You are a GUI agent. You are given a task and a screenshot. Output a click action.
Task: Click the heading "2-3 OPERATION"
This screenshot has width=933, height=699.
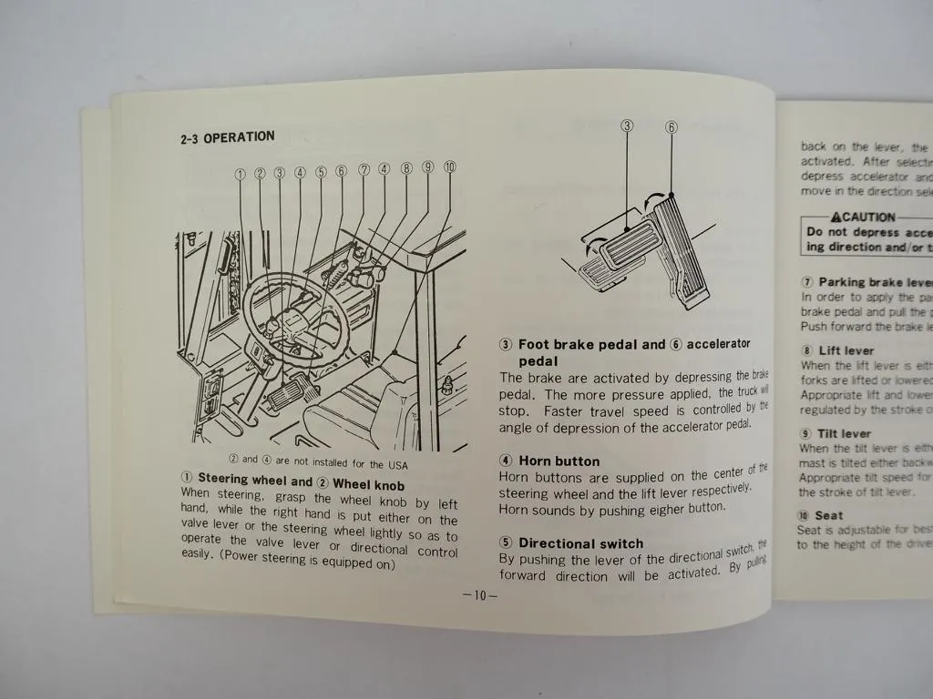coord(227,137)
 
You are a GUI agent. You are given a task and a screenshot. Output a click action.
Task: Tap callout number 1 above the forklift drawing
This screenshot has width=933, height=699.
coord(241,172)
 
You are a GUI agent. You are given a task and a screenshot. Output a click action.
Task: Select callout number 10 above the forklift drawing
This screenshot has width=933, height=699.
coord(449,167)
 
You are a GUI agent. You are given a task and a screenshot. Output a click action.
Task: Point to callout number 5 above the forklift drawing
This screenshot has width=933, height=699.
coord(321,171)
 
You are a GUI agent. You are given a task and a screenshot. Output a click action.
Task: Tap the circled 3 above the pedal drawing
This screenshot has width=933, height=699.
coord(627,126)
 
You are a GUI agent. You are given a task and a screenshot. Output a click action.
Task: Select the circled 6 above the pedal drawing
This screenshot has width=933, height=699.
coord(672,127)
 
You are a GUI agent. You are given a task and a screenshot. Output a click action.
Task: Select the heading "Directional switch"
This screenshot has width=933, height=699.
coord(580,543)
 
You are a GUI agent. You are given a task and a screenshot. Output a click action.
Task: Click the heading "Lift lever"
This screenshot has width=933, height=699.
coord(846,350)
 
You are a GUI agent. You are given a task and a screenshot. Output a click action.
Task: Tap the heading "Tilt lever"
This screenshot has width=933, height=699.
coord(844,433)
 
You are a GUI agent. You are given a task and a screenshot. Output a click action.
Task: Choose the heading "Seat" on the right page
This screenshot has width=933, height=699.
coord(828,515)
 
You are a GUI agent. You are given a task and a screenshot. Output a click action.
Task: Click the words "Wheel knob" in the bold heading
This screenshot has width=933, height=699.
coord(368,485)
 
